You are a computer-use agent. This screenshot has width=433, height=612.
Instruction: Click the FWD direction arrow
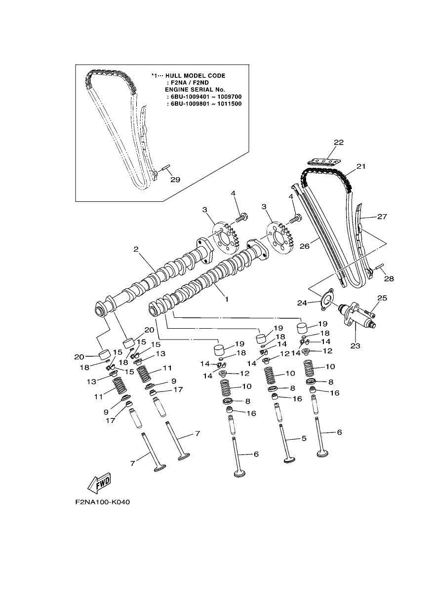click(99, 483)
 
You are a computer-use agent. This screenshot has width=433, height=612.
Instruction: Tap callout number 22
click(339, 142)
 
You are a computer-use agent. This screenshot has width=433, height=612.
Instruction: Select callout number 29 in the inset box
click(175, 180)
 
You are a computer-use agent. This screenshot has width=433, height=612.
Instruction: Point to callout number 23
click(355, 346)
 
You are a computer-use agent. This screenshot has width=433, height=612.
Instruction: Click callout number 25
click(382, 298)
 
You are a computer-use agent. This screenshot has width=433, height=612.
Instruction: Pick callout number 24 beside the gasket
click(302, 303)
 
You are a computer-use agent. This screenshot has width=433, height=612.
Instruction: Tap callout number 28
click(389, 279)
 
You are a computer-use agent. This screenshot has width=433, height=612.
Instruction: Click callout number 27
click(382, 216)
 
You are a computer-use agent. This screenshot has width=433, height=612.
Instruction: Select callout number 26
click(305, 246)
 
